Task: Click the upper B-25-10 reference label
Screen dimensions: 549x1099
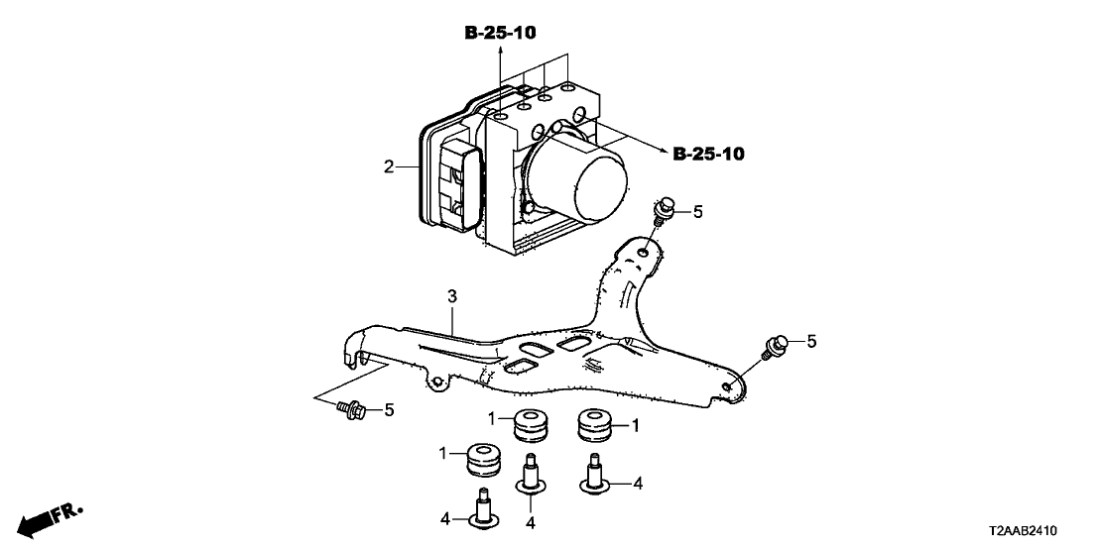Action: click(x=501, y=34)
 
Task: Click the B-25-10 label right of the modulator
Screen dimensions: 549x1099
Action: click(x=708, y=155)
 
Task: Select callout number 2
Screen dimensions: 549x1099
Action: click(x=389, y=166)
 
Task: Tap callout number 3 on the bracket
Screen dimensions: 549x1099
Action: click(x=451, y=296)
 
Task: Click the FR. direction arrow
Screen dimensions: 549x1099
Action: click(x=50, y=519)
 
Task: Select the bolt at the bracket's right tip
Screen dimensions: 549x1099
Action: click(x=775, y=346)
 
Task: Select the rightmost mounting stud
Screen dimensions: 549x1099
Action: click(x=594, y=474)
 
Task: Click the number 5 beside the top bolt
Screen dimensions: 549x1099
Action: click(x=697, y=211)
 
